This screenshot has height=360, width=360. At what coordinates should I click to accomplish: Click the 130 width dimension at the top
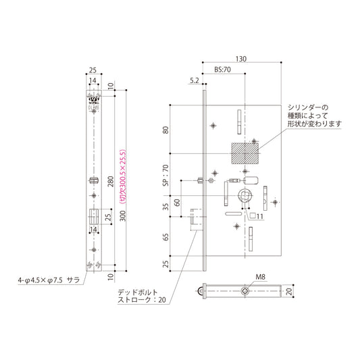point(241,59)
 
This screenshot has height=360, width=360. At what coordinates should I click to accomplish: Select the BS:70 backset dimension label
point(223,70)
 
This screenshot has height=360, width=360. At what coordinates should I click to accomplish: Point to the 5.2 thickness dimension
point(195,81)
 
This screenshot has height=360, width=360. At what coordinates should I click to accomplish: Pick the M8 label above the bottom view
point(261,276)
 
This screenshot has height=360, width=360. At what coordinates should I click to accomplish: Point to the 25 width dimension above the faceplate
point(93,70)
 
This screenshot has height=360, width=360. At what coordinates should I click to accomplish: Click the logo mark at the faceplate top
point(93,103)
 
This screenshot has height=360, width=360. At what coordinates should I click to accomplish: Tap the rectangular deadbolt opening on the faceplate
point(93,220)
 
